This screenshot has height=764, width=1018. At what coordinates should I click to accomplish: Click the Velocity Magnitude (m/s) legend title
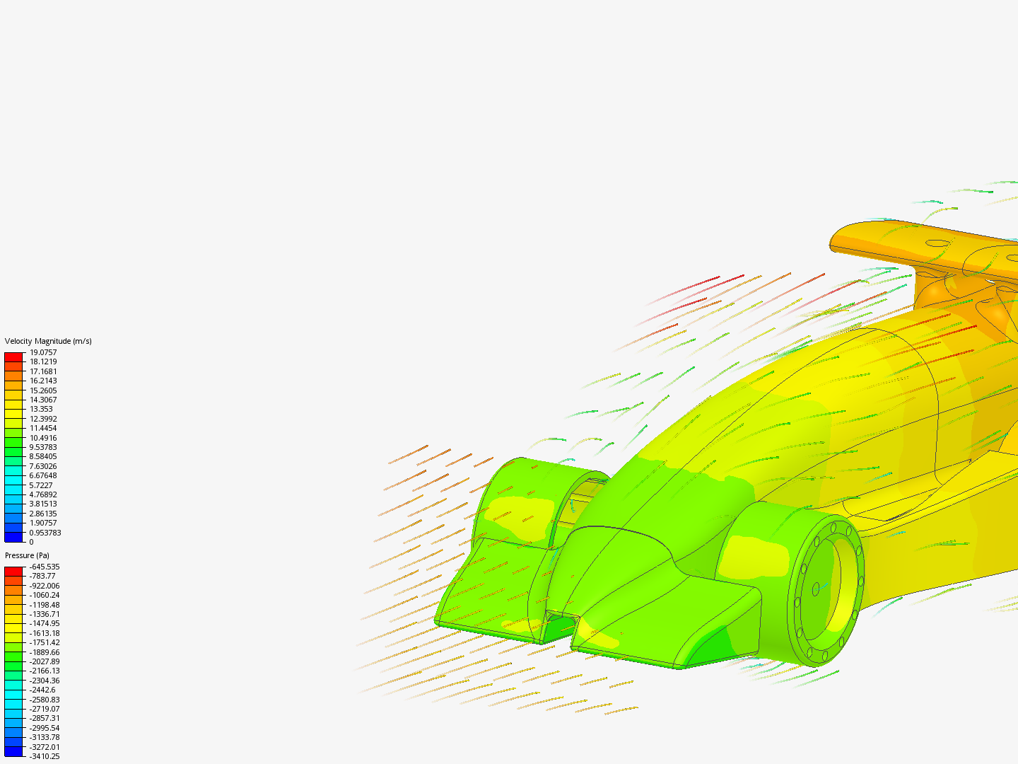pyautogui.click(x=48, y=341)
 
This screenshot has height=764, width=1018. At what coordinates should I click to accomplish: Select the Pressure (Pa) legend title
pyautogui.click(x=27, y=555)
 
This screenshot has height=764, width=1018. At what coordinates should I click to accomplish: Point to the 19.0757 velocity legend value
pyautogui.click(x=43, y=352)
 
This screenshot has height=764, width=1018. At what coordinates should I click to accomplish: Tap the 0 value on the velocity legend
pyautogui.click(x=32, y=542)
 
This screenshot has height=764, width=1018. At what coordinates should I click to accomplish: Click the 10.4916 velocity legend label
pyautogui.click(x=43, y=438)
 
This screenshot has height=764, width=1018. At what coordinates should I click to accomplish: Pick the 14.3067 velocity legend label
pyautogui.click(x=43, y=400)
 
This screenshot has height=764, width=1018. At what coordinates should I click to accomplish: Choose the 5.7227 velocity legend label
pyautogui.click(x=41, y=485)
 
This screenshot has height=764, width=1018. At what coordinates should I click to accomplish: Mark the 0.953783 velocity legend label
pyautogui.click(x=45, y=533)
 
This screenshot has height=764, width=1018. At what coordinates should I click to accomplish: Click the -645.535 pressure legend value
pyautogui.click(x=45, y=567)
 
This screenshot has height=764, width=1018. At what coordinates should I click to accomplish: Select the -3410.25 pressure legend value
pyautogui.click(x=45, y=756)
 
